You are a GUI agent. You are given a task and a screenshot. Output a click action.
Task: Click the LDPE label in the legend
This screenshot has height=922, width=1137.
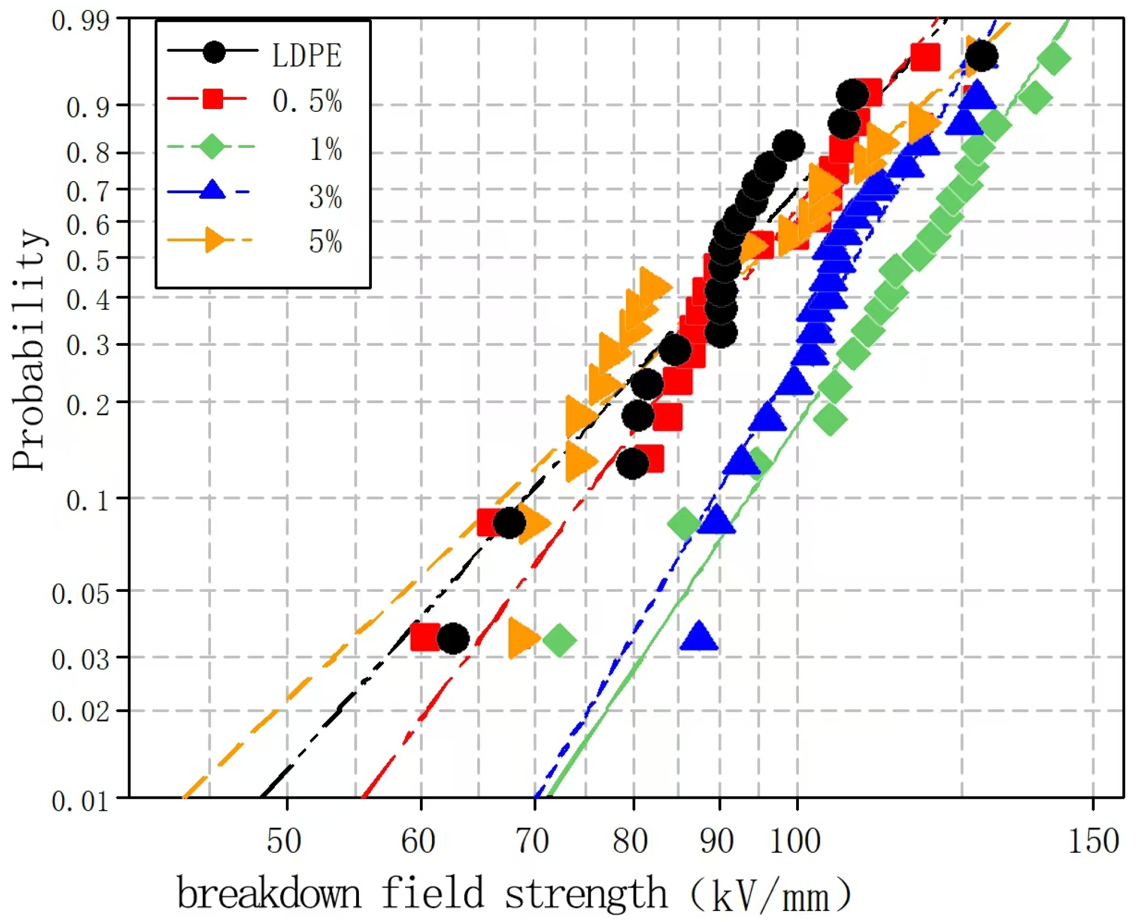point(306,55)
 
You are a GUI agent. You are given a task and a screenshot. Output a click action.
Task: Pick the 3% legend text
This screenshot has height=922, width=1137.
point(325,196)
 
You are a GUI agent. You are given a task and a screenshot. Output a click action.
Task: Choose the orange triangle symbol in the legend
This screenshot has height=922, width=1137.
point(213,240)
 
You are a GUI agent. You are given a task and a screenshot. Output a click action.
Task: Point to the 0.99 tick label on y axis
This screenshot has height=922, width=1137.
point(80,22)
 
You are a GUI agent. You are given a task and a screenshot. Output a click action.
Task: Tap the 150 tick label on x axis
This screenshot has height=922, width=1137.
point(1093,841)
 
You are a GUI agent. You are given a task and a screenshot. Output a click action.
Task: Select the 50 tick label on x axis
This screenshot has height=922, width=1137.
point(284,841)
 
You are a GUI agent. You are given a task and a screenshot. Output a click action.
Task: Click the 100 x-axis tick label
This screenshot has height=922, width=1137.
point(795,841)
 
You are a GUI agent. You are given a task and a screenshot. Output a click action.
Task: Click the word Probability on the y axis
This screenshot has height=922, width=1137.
point(28,349)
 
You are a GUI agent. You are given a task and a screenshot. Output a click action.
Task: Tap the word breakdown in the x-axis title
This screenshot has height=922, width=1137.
point(269,894)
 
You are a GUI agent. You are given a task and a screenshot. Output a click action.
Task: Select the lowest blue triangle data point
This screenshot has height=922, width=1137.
point(699,636)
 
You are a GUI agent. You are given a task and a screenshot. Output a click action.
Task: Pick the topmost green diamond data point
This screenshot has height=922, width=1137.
point(1054,58)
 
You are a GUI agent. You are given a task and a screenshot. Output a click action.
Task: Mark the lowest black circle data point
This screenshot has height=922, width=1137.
point(453,638)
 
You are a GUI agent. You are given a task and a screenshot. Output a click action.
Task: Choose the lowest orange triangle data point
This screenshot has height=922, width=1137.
point(522,638)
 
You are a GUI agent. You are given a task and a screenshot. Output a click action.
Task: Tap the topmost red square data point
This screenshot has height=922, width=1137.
point(925,56)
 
